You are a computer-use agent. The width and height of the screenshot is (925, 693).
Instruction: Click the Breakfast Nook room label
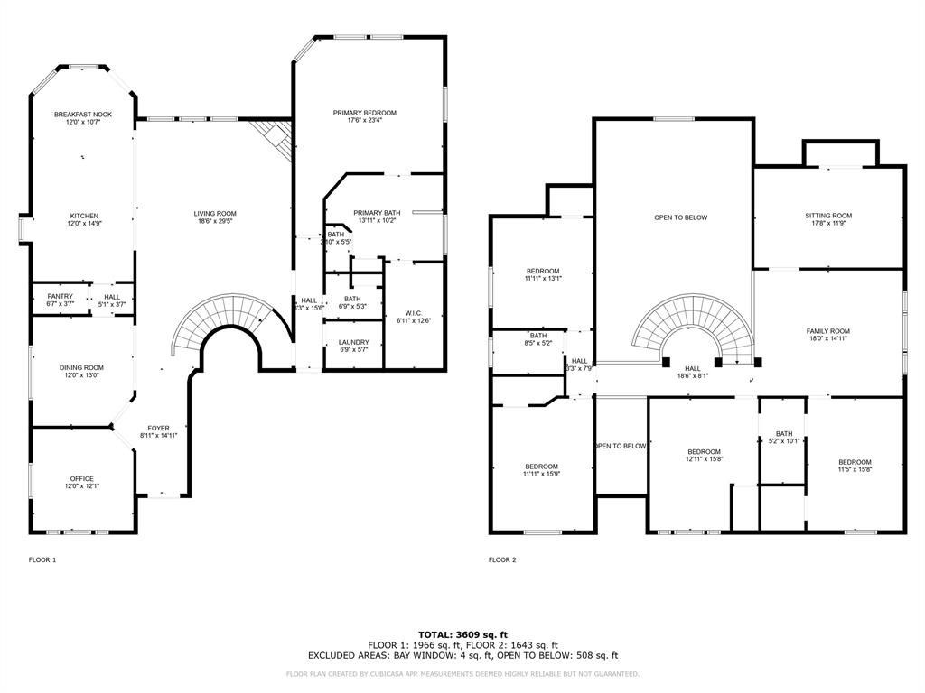pos(82,115)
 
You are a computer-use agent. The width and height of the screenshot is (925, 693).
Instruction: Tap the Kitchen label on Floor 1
pos(84,216)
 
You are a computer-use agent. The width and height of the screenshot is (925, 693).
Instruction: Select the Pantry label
pos(60,296)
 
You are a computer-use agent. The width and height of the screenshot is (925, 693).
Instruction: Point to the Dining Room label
pos(81,367)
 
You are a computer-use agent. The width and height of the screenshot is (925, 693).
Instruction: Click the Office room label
pos(81,478)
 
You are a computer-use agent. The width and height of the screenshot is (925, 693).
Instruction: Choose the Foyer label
pos(158,428)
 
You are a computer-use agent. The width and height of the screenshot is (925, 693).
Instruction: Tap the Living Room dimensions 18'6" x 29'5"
pos(215,221)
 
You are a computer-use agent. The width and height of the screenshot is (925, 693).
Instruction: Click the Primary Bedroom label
pos(364,113)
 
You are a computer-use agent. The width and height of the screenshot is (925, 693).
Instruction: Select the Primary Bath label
pos(377,213)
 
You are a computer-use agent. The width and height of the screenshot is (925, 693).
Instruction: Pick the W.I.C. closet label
pos(407,313)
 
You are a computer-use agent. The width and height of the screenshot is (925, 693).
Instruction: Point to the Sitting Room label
pos(828,216)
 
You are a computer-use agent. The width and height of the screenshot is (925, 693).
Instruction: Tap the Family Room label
pos(827,331)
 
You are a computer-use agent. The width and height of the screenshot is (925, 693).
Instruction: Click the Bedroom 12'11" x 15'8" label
pos(704,451)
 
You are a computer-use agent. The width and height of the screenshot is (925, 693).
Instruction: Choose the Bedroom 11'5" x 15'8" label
pos(854,462)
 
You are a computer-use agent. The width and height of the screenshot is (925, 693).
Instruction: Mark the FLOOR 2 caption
pos(502,559)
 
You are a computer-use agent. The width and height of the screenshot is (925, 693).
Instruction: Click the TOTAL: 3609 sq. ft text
pos(462,634)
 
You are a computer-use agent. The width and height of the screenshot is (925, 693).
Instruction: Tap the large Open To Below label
pos(680,217)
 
